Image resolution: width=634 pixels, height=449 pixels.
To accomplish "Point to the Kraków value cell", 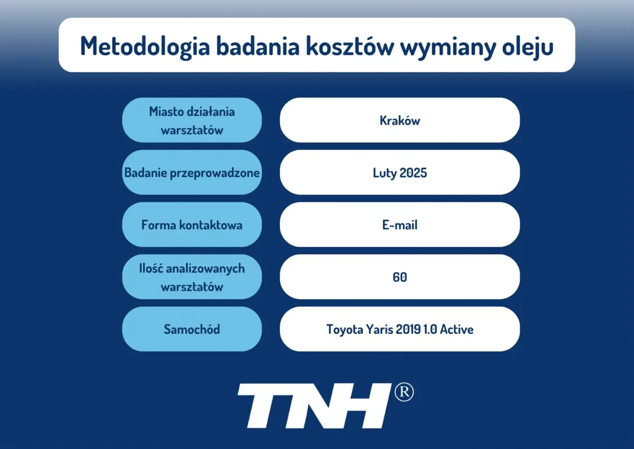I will point(400,121).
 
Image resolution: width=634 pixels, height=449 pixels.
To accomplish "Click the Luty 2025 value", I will point(400,173).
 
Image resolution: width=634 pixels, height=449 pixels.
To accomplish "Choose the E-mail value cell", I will point(400,225).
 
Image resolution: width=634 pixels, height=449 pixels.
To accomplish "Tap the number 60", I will point(400,277).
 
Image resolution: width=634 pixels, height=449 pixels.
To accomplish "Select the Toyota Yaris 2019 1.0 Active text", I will point(400,329).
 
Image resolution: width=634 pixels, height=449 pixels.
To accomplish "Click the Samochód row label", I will point(192,329).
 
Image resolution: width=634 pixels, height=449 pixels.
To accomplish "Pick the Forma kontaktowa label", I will point(192,225).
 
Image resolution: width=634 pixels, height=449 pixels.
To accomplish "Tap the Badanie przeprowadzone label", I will point(192,173).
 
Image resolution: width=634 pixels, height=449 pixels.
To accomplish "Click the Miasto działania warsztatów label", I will point(192,121).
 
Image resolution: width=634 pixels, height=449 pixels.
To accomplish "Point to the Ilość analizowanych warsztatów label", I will point(192,277).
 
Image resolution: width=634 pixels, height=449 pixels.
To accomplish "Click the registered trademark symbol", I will point(404,392).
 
